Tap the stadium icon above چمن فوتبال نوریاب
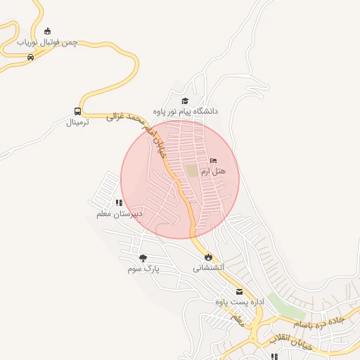48,31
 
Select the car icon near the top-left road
30,58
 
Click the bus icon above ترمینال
77,111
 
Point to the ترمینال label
79,122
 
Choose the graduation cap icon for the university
185,101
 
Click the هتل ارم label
213,172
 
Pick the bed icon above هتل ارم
214,161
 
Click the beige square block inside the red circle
191,170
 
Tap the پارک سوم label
144,269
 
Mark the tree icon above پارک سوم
143,258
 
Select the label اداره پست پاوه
239,302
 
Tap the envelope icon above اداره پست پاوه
239,292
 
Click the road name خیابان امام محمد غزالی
141,129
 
